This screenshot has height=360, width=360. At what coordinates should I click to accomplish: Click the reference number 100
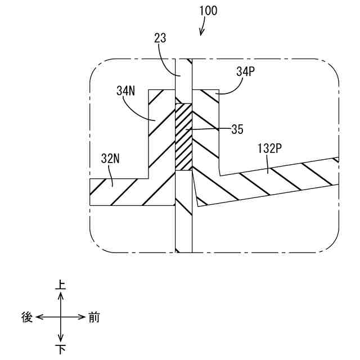click(207, 11)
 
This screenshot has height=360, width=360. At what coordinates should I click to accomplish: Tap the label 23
click(160, 39)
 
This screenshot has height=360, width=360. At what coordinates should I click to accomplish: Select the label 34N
click(126, 90)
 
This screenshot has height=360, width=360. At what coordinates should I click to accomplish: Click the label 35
click(237, 129)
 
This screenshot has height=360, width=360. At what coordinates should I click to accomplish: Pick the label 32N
click(110, 158)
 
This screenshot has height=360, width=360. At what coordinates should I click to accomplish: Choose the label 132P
click(269, 149)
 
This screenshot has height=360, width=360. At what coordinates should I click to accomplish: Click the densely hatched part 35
click(183, 137)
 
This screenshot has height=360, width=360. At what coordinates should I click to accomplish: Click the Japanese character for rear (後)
click(26, 317)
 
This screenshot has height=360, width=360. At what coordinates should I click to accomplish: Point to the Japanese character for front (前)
click(94, 317)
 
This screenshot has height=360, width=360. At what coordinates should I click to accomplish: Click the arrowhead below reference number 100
click(202, 33)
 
